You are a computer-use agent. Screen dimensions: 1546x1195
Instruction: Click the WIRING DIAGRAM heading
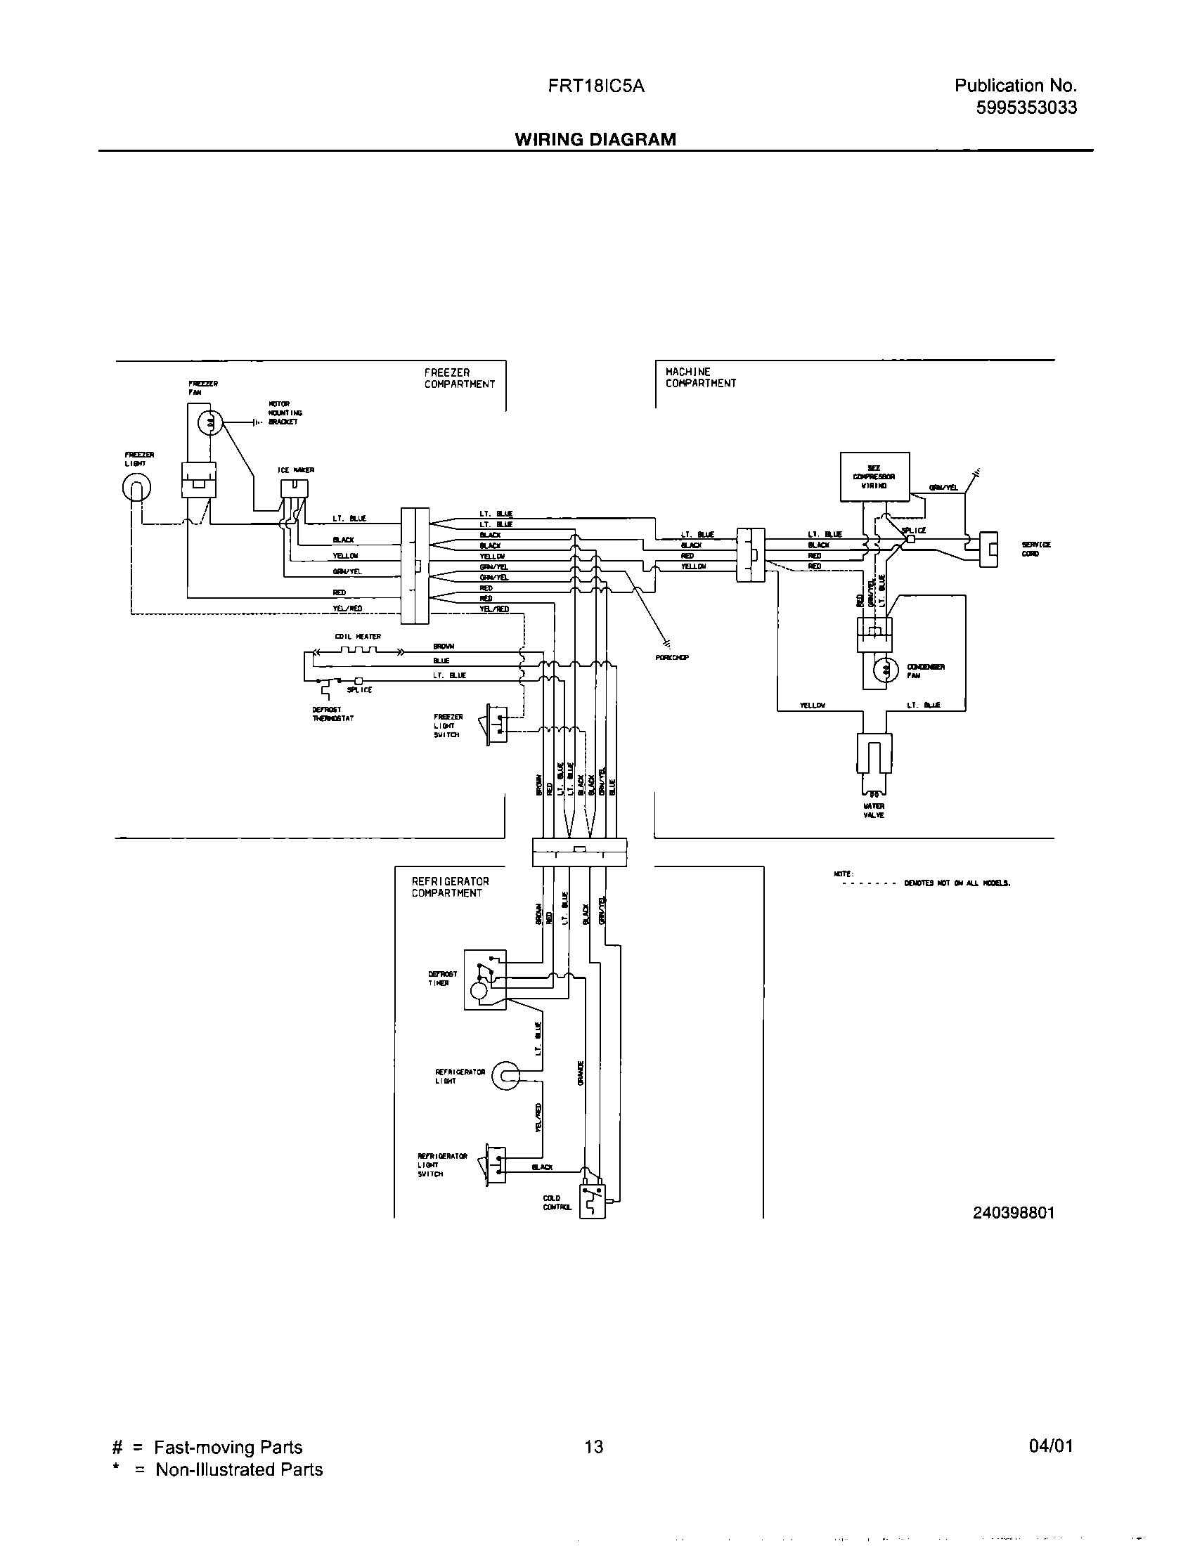coord(595,139)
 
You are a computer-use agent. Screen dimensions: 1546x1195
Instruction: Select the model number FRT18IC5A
coord(595,86)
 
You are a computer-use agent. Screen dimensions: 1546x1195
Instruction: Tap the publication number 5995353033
coord(1026,108)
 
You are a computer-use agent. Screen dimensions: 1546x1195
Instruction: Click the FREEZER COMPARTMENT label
coord(460,378)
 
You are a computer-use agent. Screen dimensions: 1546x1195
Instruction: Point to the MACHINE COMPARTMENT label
coord(700,377)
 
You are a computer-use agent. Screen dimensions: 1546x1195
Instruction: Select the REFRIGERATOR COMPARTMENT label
coord(451,887)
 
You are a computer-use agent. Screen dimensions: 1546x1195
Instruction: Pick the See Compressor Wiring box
coord(874,477)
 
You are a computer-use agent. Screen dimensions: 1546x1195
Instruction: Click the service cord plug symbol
coord(988,550)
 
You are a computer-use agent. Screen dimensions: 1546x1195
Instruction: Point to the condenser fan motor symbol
coord(883,670)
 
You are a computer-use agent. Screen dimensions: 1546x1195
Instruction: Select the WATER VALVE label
coord(874,810)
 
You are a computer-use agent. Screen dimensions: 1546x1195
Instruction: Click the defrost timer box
coord(485,979)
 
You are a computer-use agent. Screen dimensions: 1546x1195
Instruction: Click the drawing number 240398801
coord(1013,1213)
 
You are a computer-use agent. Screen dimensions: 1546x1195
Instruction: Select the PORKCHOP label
coord(672,658)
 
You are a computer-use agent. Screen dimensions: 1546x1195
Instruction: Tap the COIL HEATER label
coord(358,637)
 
